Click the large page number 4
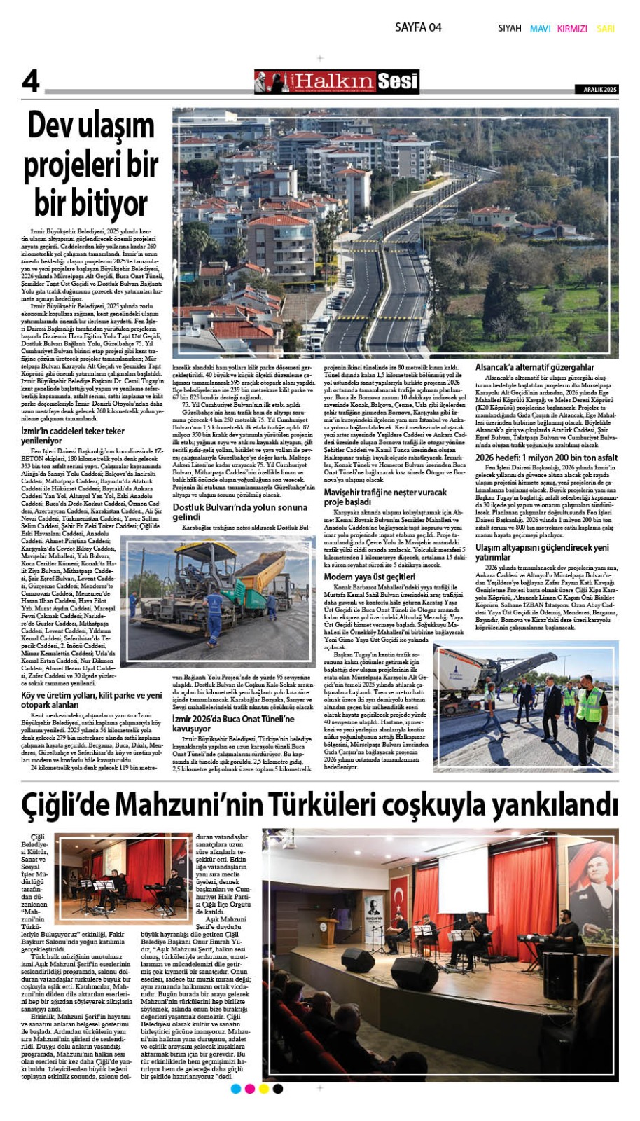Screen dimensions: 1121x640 click(31, 81)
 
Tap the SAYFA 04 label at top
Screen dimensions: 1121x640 click(418, 27)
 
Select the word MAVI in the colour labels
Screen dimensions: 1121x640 click(540, 29)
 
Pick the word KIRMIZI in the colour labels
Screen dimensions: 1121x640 click(572, 29)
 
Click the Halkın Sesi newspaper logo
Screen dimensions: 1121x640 click(337, 82)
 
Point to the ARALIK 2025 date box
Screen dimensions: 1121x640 click(601, 90)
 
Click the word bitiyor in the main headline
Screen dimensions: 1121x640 click(91, 203)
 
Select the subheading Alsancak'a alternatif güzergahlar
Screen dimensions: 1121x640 click(534, 367)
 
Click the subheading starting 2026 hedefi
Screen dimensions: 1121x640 click(546, 458)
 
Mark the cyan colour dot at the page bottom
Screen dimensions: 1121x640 click(236, 1088)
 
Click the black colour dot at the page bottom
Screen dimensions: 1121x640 click(278, 1088)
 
